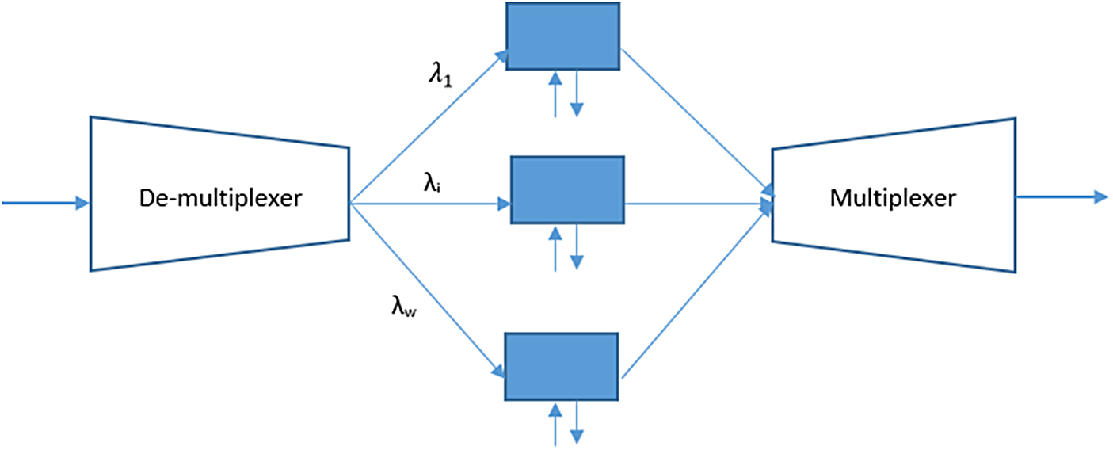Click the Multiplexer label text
(893, 198)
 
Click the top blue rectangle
(562, 36)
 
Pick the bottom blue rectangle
(562, 367)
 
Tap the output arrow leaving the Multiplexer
(1062, 196)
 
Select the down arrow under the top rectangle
(577, 93)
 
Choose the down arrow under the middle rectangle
(577, 247)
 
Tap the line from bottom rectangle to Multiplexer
(697, 289)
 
